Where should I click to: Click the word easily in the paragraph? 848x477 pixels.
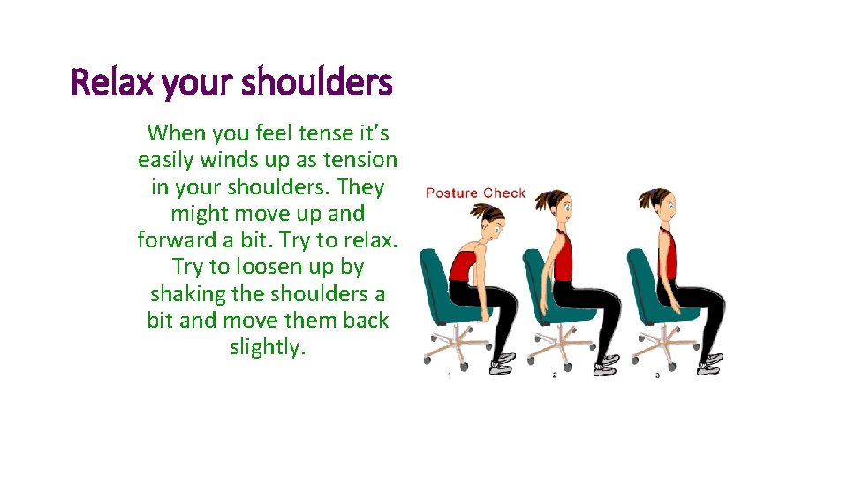tap(168, 160)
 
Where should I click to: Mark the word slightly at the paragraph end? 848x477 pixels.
tap(268, 347)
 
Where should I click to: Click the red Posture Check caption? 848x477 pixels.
tap(475, 193)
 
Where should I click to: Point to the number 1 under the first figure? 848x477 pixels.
tap(449, 375)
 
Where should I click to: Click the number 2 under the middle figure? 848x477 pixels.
tap(554, 375)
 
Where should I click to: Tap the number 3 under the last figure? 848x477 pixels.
tap(657, 375)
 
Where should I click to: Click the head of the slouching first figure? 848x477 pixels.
tap(489, 220)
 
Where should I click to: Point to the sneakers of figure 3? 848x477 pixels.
tap(707, 362)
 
